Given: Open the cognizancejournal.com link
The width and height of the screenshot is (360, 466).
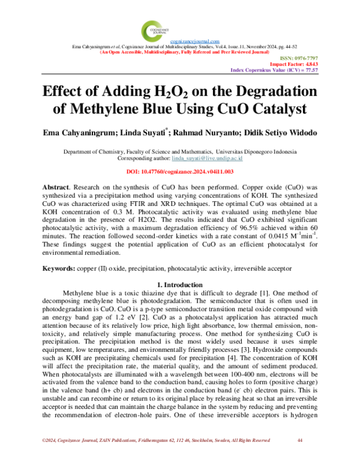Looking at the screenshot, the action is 179,40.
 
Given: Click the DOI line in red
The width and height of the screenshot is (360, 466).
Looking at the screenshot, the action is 179,171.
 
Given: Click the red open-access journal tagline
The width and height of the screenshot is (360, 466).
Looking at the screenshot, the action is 179,52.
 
